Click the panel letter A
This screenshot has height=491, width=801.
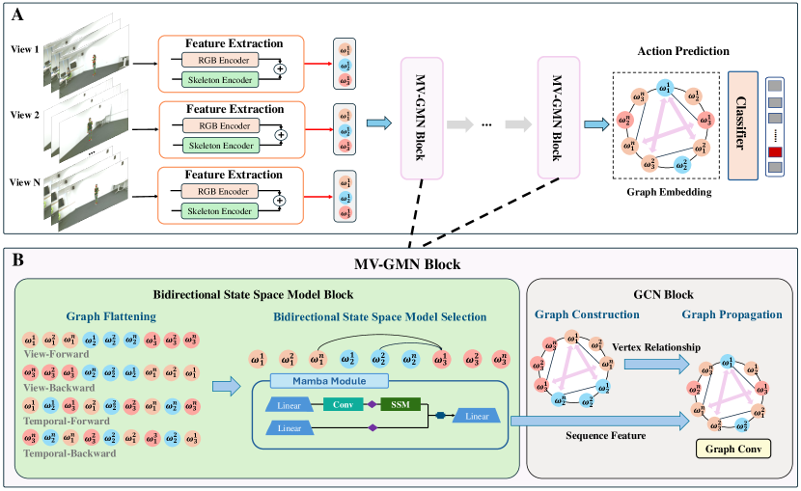(14, 13)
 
